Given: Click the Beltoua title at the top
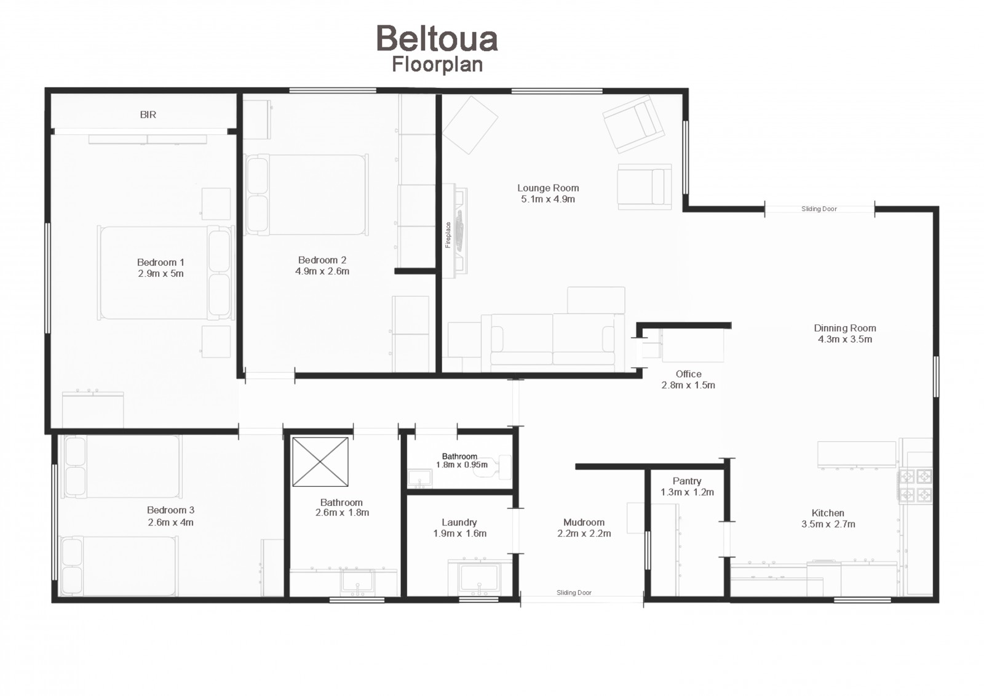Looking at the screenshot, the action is [437, 39].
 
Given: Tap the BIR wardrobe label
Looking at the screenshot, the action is [148, 114].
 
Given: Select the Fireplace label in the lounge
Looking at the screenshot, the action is [448, 235].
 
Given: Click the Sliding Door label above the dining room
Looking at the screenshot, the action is [819, 209].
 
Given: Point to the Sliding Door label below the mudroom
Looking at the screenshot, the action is [574, 593].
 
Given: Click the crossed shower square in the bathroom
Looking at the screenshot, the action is [320, 462].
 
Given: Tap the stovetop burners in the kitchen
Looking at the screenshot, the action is [916, 485].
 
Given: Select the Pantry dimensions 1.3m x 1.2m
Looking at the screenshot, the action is [687, 492].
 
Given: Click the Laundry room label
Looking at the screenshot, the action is [459, 522].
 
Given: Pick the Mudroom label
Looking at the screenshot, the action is [584, 522].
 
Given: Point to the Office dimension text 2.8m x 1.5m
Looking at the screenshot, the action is [688, 385].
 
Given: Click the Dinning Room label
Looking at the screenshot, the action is [845, 328].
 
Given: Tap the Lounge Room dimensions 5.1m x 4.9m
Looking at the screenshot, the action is [548, 199].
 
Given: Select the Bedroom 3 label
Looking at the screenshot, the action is [170, 510].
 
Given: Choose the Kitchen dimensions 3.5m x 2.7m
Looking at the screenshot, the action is [828, 524].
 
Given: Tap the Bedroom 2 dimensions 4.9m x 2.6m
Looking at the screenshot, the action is [322, 271].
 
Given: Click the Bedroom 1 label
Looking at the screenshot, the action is [161, 263].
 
